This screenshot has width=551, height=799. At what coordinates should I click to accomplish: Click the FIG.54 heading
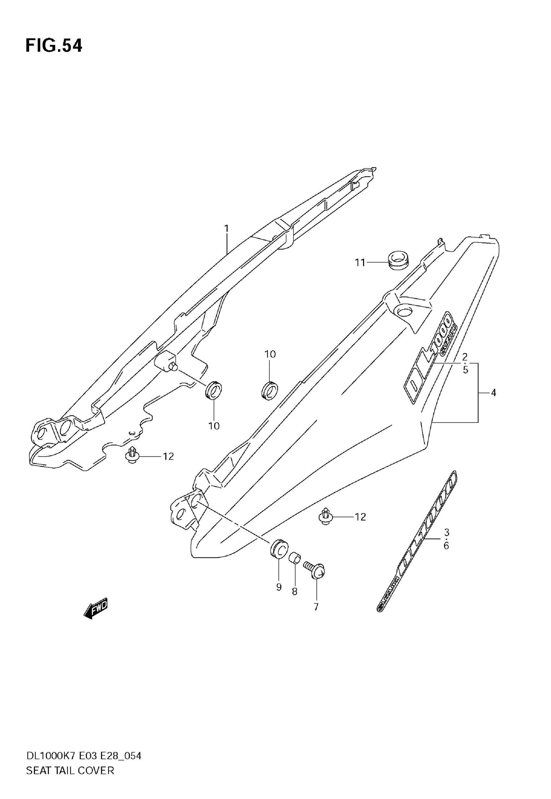coord(54,46)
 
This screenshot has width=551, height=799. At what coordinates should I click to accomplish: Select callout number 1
coord(227,228)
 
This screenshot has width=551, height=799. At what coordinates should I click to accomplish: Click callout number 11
coord(360,263)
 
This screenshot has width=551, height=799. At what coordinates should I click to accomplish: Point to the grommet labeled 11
coord(398,260)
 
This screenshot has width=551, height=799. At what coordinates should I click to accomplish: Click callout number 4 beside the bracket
coord(493,393)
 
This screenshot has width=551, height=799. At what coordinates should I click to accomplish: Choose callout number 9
coord(279,587)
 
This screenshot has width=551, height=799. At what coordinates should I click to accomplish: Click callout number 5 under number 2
coord(465,370)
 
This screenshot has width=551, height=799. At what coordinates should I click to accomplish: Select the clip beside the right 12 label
coord(325,516)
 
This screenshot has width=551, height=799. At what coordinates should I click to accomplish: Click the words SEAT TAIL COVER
coord(70,770)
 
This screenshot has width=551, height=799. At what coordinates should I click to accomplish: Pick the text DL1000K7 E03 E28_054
coord(84,756)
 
